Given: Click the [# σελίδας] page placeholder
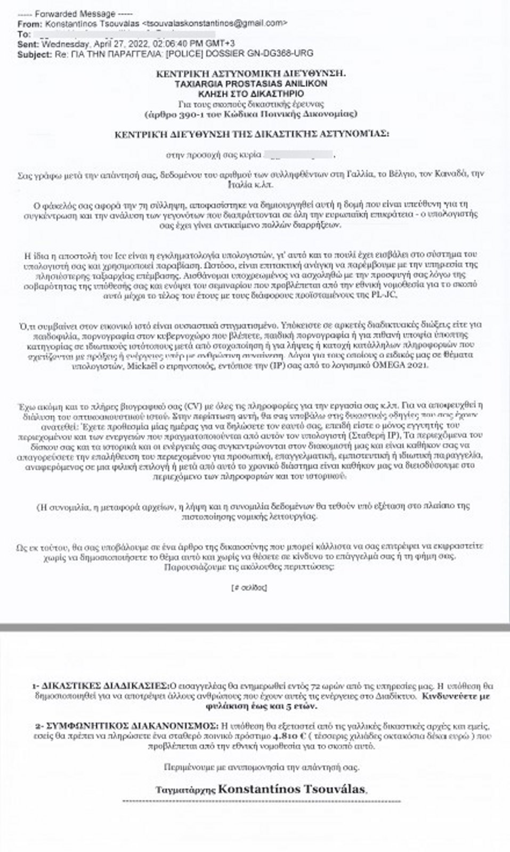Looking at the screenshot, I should coord(249,587).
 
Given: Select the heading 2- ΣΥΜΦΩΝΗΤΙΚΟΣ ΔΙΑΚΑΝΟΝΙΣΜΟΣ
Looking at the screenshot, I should coord(127,726).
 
